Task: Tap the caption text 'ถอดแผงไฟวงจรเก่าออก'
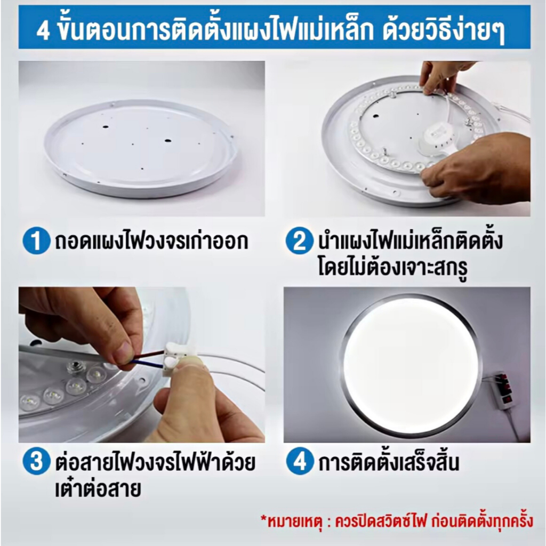point(151,240)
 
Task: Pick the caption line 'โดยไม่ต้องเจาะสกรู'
point(392,268)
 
